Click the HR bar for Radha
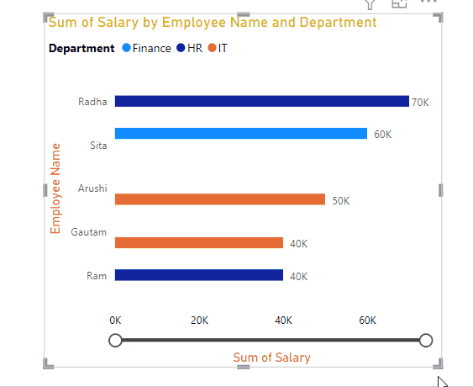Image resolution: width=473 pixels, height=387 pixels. [262, 101]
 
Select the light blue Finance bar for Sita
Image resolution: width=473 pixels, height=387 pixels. [241, 133]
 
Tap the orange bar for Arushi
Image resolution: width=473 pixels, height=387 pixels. [220, 199]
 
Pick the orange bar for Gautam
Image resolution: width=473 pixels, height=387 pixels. [199, 242]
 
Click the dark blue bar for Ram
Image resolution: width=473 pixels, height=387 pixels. [199, 275]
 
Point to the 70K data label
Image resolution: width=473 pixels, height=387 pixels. [420, 103]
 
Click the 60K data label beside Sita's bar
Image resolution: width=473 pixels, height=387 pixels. [383, 135]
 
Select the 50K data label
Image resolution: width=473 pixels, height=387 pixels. [341, 201]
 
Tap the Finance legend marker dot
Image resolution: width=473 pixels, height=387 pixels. [126, 48]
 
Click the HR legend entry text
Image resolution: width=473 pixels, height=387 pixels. [195, 48]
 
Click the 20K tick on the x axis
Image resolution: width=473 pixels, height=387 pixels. [199, 321]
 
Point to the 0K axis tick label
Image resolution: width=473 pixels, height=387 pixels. [115, 321]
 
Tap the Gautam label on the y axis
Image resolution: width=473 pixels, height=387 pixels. [89, 232]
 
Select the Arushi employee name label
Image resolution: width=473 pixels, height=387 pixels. [92, 188]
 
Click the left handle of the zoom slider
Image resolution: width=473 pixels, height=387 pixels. [115, 340]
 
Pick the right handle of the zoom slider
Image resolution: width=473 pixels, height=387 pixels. [426, 340]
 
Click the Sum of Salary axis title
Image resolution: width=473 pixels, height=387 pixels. [271, 358]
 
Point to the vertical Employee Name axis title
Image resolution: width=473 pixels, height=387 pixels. [55, 188]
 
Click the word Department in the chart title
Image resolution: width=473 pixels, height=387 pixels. [338, 23]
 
